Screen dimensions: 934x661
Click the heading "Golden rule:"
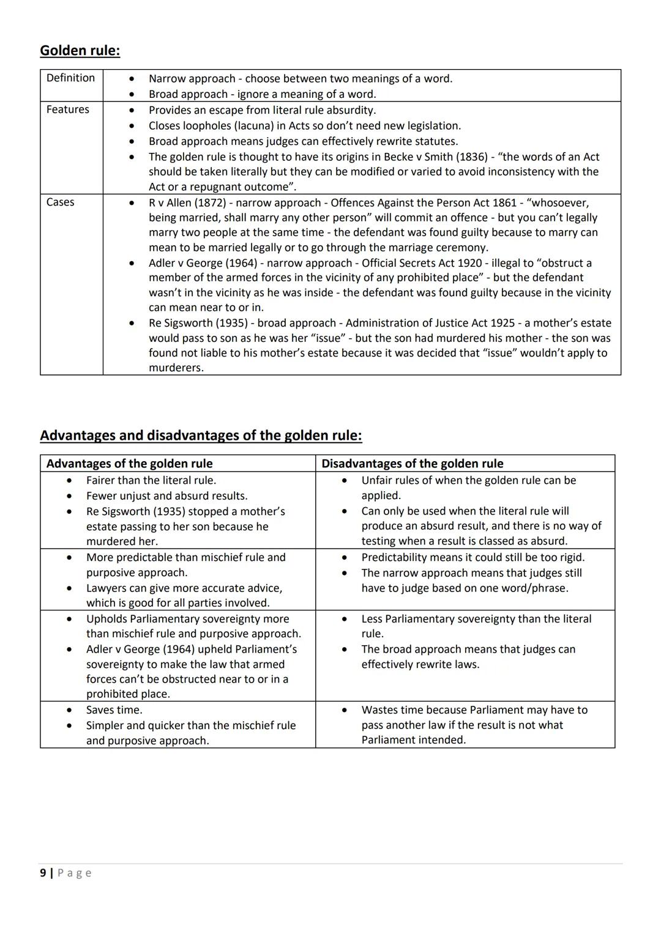coord(80,50)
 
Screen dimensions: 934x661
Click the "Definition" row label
coord(70,78)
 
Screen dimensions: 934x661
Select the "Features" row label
coord(67,109)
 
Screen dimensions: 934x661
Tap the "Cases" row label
coord(60,202)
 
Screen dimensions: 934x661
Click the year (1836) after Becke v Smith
coord(471,157)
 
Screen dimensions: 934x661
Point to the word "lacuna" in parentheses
coord(251,125)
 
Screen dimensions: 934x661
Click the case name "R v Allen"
coord(170,202)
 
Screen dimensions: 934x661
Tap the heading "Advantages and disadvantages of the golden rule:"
coord(201,435)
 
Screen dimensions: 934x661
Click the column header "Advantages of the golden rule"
coord(129,464)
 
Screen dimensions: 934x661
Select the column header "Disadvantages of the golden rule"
coord(412,464)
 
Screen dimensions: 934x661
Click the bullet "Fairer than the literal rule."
coord(151,480)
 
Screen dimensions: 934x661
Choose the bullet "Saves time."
coord(114,710)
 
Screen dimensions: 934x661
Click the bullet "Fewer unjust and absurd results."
coord(166,495)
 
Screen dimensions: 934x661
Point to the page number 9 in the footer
coord(43,873)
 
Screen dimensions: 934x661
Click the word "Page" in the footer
coord(75,873)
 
